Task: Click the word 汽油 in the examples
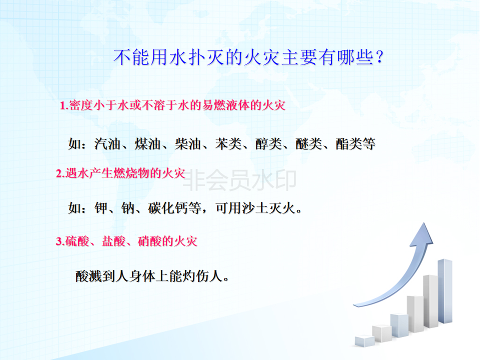(107, 144)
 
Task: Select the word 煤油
(147, 144)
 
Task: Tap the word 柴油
(188, 144)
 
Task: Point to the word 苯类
(228, 144)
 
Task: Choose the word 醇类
(268, 144)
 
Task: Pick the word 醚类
(308, 144)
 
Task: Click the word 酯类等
(355, 144)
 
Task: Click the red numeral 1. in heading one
(64, 105)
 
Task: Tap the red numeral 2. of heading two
(60, 173)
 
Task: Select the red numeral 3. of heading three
(60, 241)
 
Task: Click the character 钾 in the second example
(101, 208)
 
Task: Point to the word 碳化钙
(168, 208)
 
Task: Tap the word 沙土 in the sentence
(255, 208)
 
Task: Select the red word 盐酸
(113, 241)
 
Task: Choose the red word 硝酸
(149, 241)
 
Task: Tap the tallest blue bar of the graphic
(445, 291)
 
